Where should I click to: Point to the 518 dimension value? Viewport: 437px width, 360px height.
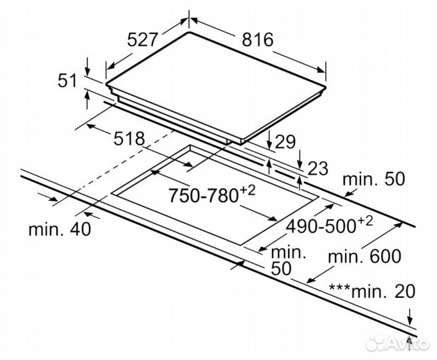click(x=129, y=139)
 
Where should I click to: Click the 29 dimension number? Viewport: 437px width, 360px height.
click(x=284, y=141)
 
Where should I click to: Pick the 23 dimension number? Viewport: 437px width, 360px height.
click(x=317, y=169)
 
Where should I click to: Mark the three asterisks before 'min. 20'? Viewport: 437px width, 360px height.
click(x=339, y=288)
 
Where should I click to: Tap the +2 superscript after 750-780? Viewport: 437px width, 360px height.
click(x=247, y=191)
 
